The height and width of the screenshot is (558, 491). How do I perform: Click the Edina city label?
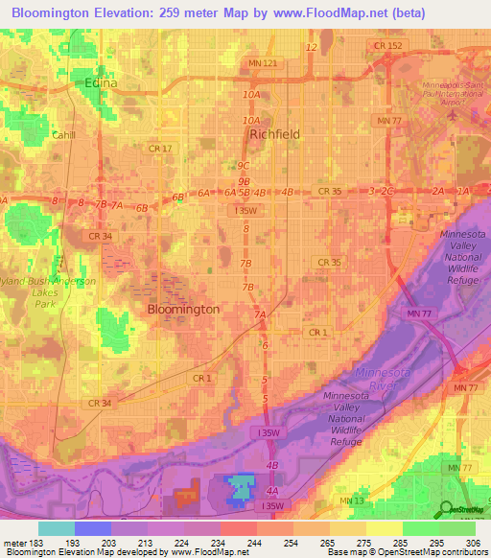100,83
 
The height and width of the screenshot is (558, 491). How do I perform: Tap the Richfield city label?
275,135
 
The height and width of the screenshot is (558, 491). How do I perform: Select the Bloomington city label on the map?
183,310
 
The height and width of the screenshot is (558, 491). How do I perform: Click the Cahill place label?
64,135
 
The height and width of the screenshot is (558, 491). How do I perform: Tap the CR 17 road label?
160,148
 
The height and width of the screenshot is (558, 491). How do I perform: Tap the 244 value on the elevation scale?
255,542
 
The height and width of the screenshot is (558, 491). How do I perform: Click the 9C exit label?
245,166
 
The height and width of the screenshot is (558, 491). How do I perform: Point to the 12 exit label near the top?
310,46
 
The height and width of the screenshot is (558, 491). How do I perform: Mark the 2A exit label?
438,192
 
